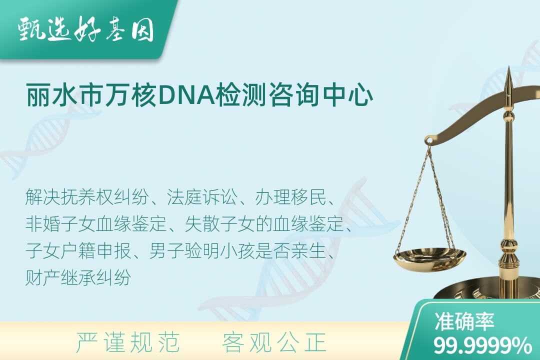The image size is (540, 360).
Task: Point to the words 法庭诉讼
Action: [x=202, y=197]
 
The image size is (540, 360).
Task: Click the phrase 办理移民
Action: [x=290, y=197]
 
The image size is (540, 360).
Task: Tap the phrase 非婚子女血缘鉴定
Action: [x=96, y=224]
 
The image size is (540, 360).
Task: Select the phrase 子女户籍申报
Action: [x=78, y=251]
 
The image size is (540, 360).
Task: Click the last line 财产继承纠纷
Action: [x=78, y=277]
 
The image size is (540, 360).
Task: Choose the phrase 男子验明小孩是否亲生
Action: [x=237, y=251]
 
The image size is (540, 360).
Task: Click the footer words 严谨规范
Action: [x=128, y=342]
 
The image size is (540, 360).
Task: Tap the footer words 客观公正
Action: [x=274, y=342]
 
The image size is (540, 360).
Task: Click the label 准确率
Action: [x=464, y=321]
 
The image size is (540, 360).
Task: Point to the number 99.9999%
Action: [x=482, y=345]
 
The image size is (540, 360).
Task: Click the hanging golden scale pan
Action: [x=429, y=258]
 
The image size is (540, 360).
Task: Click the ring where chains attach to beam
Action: [x=429, y=139]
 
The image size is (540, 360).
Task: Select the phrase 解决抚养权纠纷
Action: [x=87, y=197]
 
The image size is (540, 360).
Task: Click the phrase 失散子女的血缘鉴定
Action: [x=264, y=224]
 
